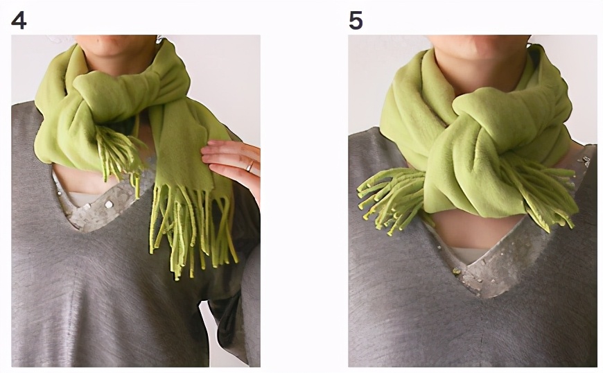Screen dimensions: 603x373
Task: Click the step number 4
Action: point(19,20)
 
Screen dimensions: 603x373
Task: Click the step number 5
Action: point(356,20)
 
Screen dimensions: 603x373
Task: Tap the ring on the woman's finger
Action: point(250,166)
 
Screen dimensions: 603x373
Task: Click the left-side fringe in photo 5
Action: point(390,200)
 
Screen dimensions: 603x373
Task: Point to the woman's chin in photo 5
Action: point(479,52)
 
